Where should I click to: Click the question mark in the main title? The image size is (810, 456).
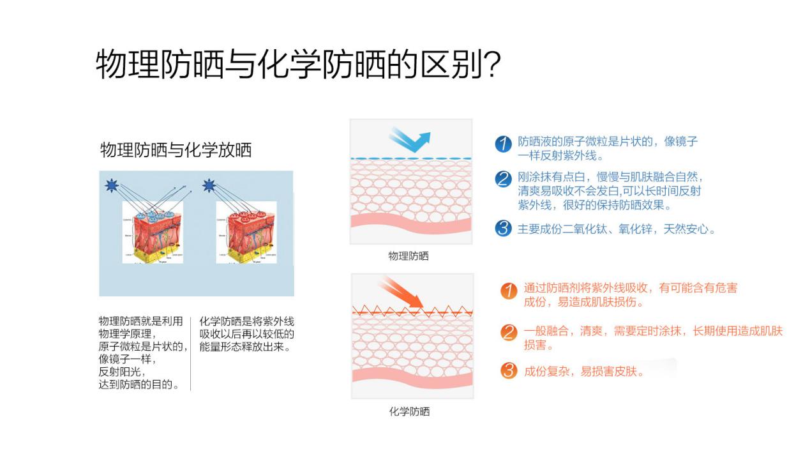point(491,65)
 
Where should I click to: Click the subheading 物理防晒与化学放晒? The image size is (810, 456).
point(176,150)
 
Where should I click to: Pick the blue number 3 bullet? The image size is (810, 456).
point(504,229)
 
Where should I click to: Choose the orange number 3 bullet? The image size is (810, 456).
point(509,370)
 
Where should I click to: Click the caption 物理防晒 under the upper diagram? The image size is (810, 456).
point(409,256)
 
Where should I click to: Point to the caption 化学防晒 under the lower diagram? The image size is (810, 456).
point(409,411)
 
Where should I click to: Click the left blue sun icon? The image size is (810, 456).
point(112,186)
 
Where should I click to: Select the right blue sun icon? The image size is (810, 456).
point(207,186)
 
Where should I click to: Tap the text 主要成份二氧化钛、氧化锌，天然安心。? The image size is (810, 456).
point(616,229)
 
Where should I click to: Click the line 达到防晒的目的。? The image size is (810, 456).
point(139,384)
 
